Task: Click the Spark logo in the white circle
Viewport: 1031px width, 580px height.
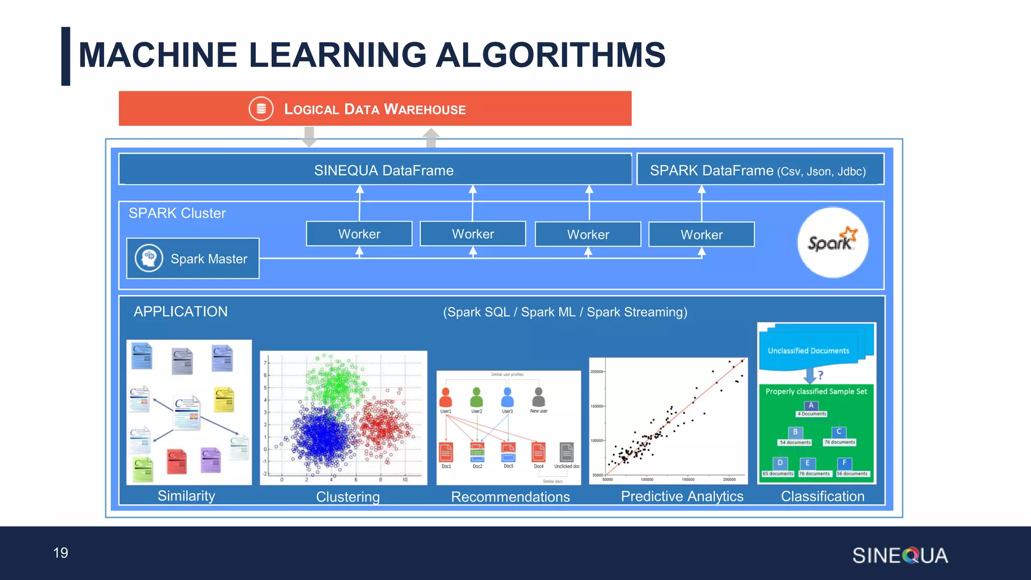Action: point(833,242)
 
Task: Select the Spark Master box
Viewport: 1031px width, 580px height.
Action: point(193,258)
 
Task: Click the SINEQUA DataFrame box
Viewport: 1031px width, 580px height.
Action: point(375,170)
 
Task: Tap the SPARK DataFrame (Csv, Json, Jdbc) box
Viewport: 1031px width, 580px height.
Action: point(760,170)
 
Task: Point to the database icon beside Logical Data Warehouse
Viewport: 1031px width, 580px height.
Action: point(261,109)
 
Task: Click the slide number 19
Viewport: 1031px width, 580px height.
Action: point(60,553)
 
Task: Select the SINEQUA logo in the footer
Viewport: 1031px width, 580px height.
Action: point(900,555)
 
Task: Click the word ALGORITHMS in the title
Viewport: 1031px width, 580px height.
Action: point(550,55)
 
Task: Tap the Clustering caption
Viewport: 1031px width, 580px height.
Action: point(348,497)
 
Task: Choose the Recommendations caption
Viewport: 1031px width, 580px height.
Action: point(510,497)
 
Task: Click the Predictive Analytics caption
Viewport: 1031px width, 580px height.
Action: point(682,496)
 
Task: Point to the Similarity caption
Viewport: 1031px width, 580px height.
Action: point(186,496)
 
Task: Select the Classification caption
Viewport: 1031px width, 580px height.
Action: point(822,496)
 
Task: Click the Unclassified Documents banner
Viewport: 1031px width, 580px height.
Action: point(808,351)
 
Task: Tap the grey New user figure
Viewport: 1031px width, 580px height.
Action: point(538,398)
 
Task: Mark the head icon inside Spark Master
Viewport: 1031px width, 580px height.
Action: point(149,258)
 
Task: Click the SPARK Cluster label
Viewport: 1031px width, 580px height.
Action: point(177,213)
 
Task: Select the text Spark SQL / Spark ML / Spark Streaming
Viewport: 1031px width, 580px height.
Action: point(565,312)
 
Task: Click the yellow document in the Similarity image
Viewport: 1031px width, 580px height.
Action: point(224,399)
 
